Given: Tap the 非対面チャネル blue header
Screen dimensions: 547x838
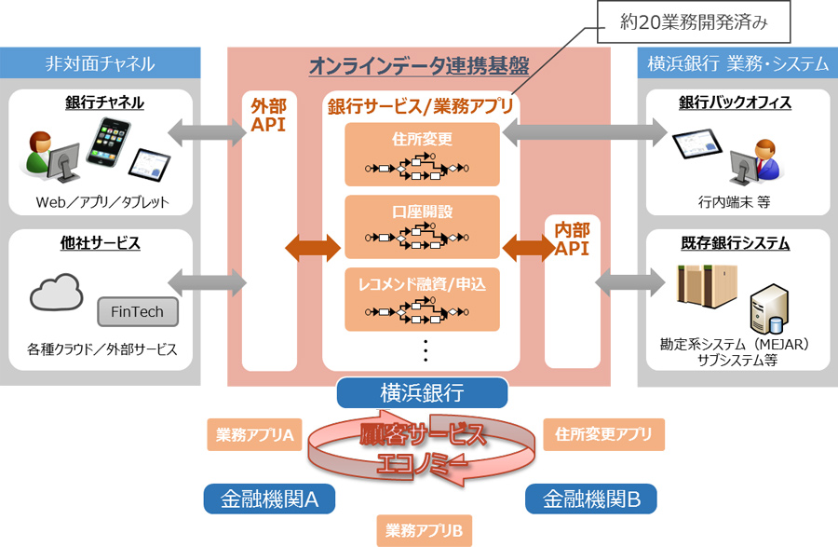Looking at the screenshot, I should click(100, 63).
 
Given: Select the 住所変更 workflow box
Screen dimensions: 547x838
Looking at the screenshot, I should click(422, 154).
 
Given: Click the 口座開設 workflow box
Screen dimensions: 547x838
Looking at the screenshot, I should click(422, 226).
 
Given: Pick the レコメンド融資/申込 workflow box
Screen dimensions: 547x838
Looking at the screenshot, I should click(422, 299).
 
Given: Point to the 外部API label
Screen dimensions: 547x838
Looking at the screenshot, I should click(269, 116).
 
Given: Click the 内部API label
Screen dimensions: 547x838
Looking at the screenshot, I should click(572, 238).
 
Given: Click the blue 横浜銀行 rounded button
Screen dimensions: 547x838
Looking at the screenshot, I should click(422, 392).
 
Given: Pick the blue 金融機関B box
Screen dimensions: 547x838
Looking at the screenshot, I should click(591, 499).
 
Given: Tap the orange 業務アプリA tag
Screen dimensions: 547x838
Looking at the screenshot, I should click(255, 434).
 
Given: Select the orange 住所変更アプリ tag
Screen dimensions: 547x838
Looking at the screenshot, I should click(603, 434).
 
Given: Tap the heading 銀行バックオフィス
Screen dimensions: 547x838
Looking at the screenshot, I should click(736, 103).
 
